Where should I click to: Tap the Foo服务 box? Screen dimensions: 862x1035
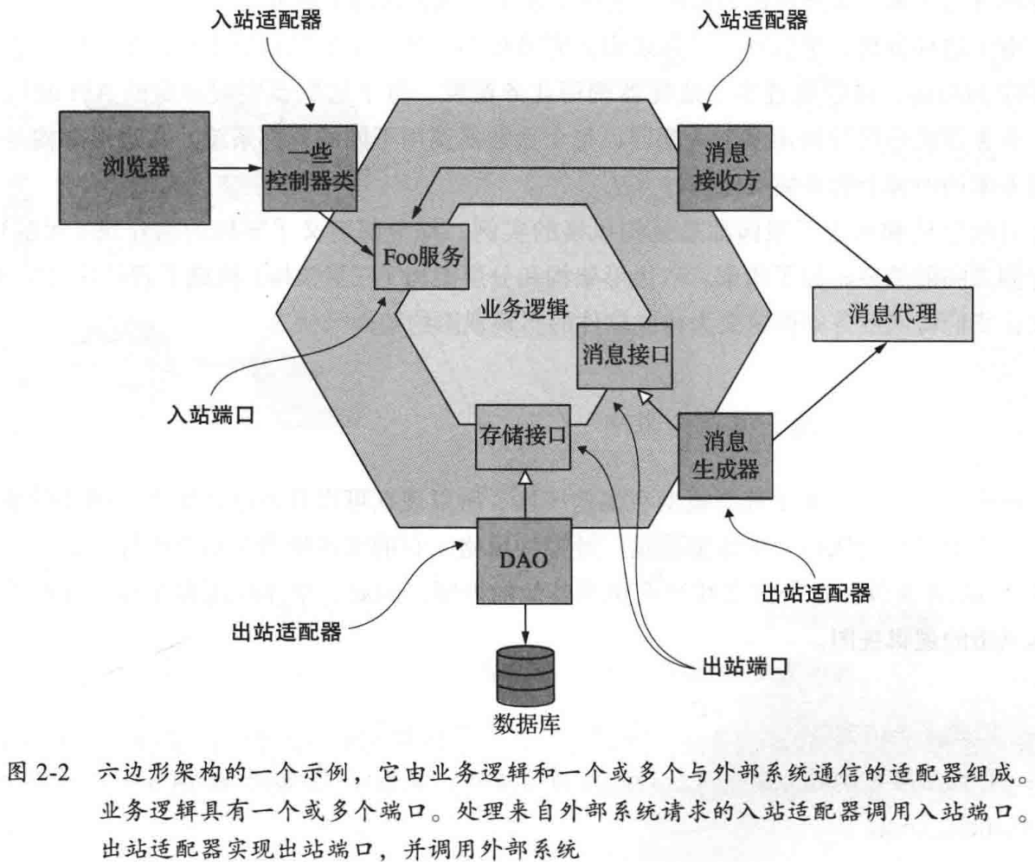point(421,257)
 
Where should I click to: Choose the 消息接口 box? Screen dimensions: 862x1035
point(625,354)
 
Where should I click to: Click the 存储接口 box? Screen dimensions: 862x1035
point(524,437)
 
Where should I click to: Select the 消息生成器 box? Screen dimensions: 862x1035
point(725,456)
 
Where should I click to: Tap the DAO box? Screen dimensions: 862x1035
point(524,560)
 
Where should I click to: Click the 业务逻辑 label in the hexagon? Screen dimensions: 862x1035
point(517,310)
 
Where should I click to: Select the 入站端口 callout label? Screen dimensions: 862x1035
point(210,414)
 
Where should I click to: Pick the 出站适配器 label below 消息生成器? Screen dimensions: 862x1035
point(816,593)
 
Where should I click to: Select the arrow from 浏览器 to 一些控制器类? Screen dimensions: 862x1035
point(235,168)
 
